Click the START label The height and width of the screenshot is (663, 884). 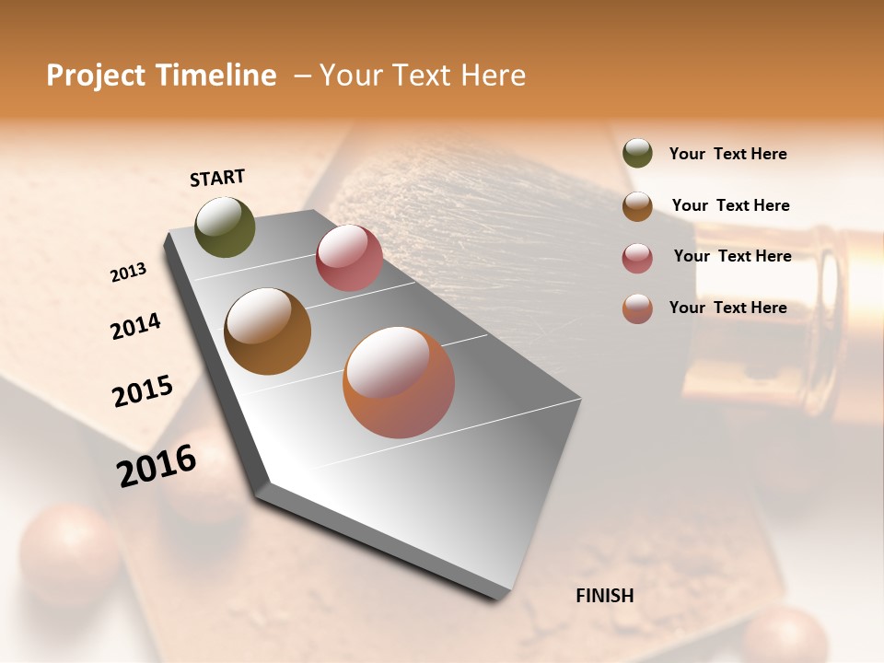pyautogui.click(x=217, y=178)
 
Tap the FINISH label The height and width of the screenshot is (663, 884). pyautogui.click(x=604, y=596)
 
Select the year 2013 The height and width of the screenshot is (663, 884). pyautogui.click(x=128, y=273)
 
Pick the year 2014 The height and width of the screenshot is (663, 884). pyautogui.click(x=135, y=327)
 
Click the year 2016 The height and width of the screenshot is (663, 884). pyautogui.click(x=157, y=466)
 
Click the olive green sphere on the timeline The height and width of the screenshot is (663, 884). pyautogui.click(x=225, y=227)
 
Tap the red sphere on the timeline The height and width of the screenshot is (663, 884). pyautogui.click(x=349, y=258)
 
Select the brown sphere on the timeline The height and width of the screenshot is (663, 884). pyautogui.click(x=267, y=331)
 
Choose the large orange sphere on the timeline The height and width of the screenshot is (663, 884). pyautogui.click(x=399, y=382)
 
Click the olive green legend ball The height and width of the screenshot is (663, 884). pyautogui.click(x=637, y=154)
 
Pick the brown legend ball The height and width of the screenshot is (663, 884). pyautogui.click(x=637, y=206)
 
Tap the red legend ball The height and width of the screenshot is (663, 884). pyautogui.click(x=637, y=258)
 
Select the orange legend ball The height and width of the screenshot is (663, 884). pyautogui.click(x=637, y=308)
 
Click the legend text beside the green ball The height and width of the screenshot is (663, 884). pyautogui.click(x=727, y=154)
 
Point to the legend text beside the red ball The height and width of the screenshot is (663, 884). pyautogui.click(x=732, y=256)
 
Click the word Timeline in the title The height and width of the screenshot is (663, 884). pyautogui.click(x=217, y=76)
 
